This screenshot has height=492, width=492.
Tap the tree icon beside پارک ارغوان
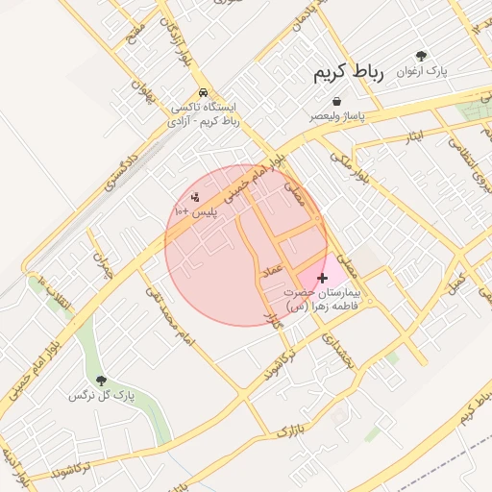(422, 57)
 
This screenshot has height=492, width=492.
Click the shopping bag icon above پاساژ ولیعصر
(336, 102)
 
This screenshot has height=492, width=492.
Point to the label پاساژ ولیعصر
(338, 115)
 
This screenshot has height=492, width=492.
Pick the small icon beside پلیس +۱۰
(196, 197)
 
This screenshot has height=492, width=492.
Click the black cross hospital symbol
(321, 278)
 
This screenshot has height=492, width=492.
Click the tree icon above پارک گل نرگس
(101, 381)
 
